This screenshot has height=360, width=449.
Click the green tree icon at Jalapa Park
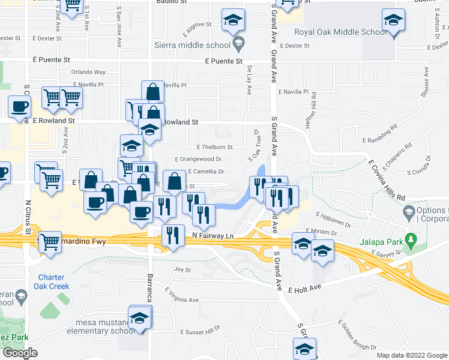(x=411, y=241)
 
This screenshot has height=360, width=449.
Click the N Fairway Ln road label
(x=212, y=237)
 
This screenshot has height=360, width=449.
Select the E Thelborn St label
(x=214, y=147)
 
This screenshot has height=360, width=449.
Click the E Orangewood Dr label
(x=198, y=160)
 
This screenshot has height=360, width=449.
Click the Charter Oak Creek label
(x=55, y=281)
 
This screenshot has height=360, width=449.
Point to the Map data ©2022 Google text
(x=412, y=355)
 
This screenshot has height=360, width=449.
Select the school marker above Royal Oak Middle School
(x=393, y=22)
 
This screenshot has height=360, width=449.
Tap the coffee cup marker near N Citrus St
(x=19, y=107)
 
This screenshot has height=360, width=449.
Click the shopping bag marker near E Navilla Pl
(x=153, y=92)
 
